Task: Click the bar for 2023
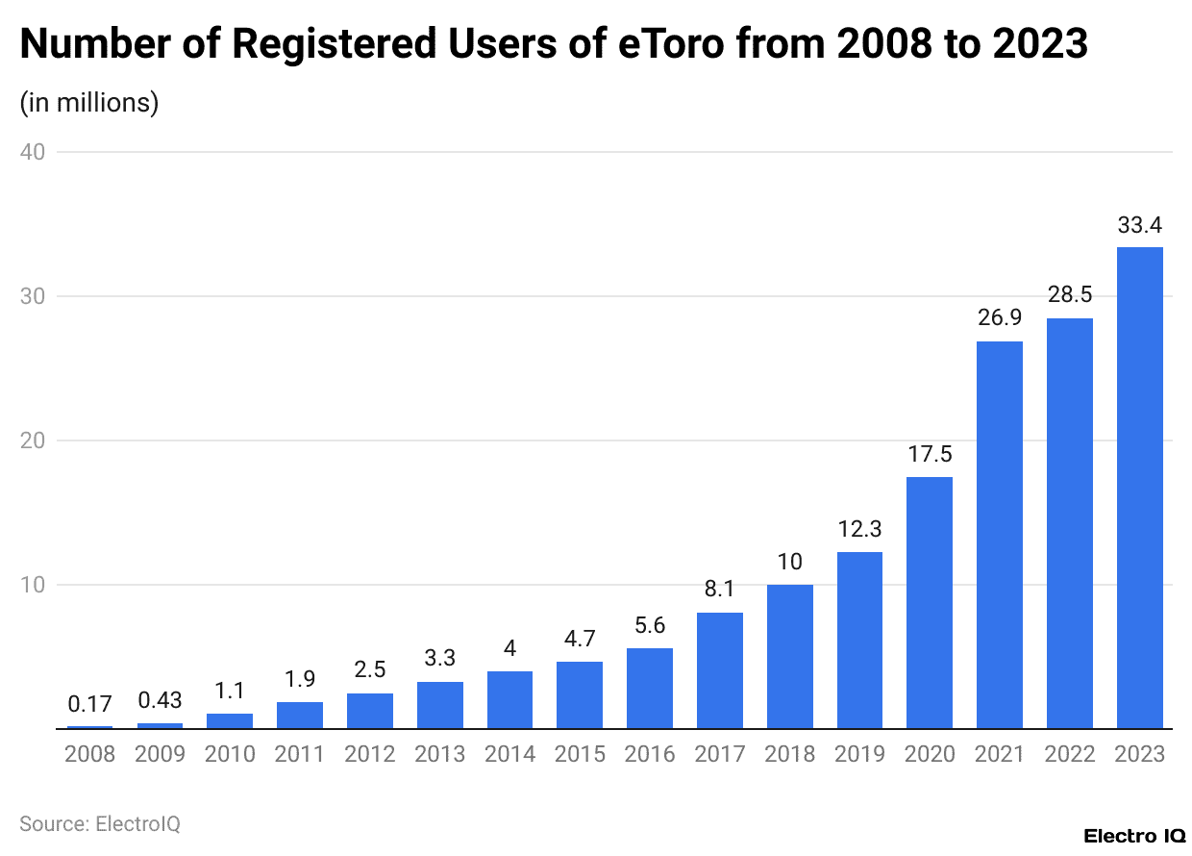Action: click(1139, 488)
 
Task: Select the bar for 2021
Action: click(999, 535)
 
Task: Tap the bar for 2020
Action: click(929, 603)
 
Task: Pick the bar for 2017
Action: click(719, 670)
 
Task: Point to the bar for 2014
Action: click(509, 700)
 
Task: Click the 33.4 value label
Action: click(1139, 226)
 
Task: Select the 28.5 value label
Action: click(1069, 296)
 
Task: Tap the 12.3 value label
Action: click(859, 529)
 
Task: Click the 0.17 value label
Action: click(89, 704)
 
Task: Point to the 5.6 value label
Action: click(649, 626)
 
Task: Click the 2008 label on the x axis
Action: click(89, 754)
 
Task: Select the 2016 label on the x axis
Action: click(649, 754)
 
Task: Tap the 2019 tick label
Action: click(859, 754)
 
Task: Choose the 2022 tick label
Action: click(1069, 754)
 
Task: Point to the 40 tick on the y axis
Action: click(37, 152)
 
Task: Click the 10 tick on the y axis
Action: click(37, 585)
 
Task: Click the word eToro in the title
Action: click(670, 44)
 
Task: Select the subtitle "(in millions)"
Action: click(88, 102)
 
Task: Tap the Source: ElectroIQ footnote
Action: click(100, 824)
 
